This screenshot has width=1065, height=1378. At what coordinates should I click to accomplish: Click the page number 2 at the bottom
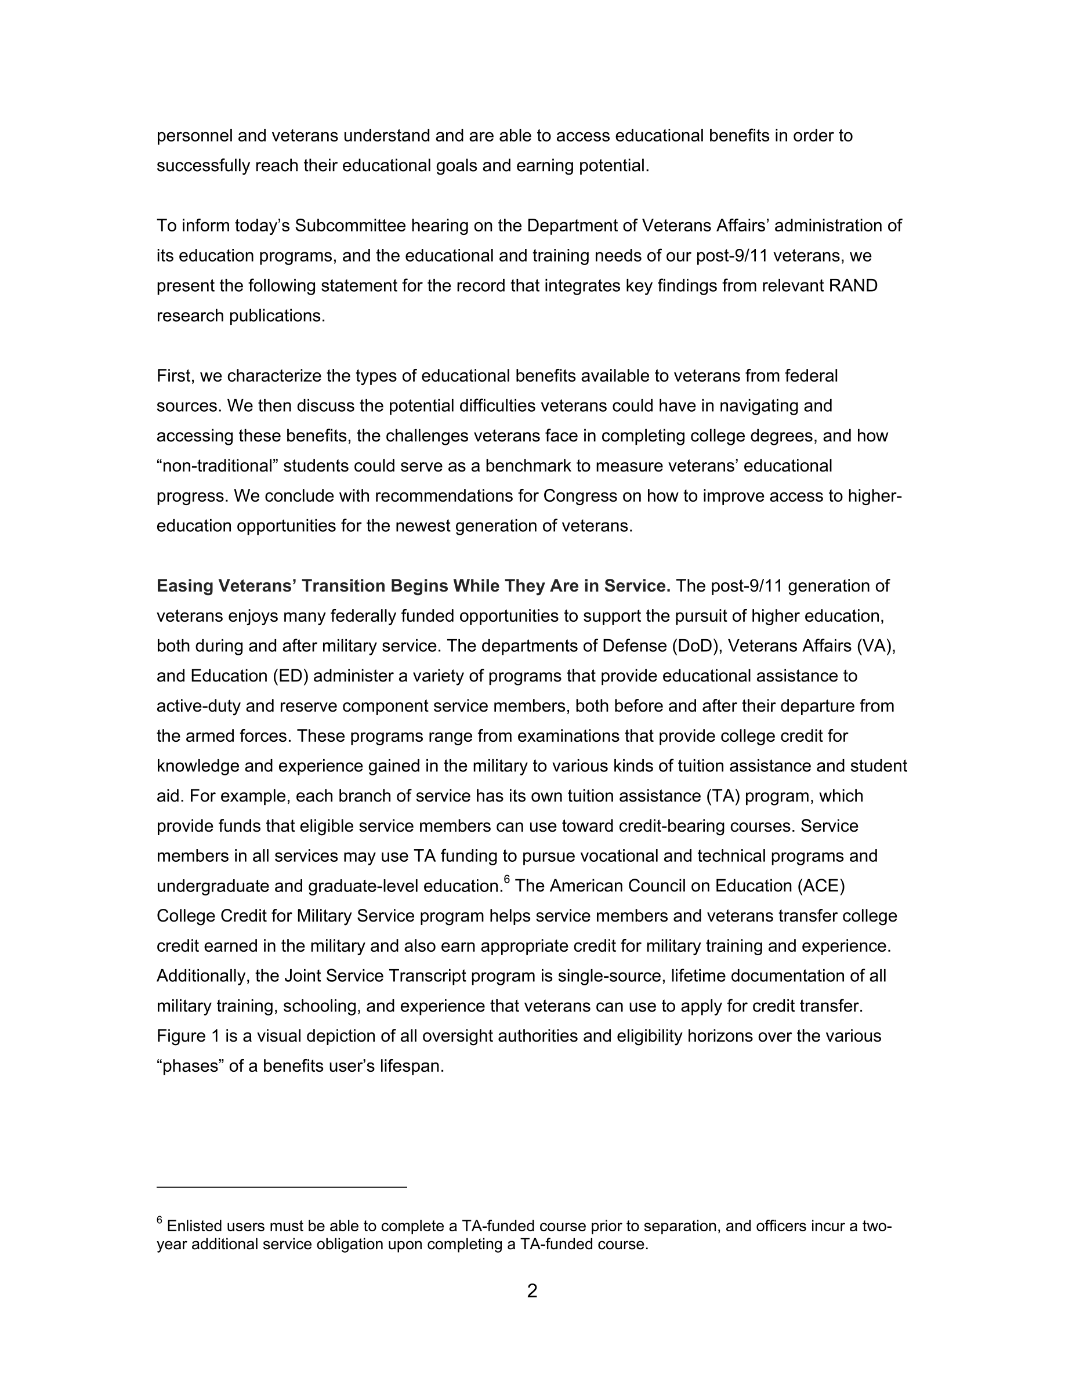[x=532, y=1291]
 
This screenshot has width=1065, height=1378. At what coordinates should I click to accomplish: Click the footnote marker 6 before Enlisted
[x=160, y=1220]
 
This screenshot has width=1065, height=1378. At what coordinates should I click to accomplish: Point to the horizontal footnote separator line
[x=281, y=1187]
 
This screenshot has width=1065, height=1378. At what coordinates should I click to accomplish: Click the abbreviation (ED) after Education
[x=290, y=676]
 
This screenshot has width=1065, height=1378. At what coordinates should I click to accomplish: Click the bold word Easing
[x=185, y=586]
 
